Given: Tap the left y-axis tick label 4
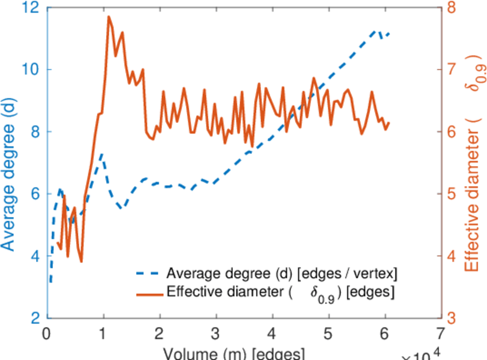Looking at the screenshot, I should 35,256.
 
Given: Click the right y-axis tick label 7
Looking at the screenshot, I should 451,70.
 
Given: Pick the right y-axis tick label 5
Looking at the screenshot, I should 451,194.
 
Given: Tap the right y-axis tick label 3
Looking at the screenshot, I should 451,318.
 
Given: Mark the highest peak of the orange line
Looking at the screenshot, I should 109,17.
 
